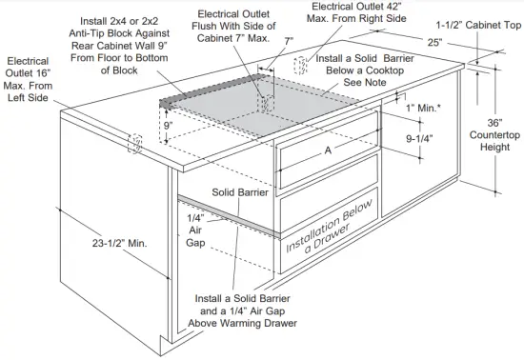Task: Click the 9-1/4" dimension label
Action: (420, 138)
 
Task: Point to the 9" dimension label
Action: (168, 125)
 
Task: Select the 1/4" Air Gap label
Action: (195, 230)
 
